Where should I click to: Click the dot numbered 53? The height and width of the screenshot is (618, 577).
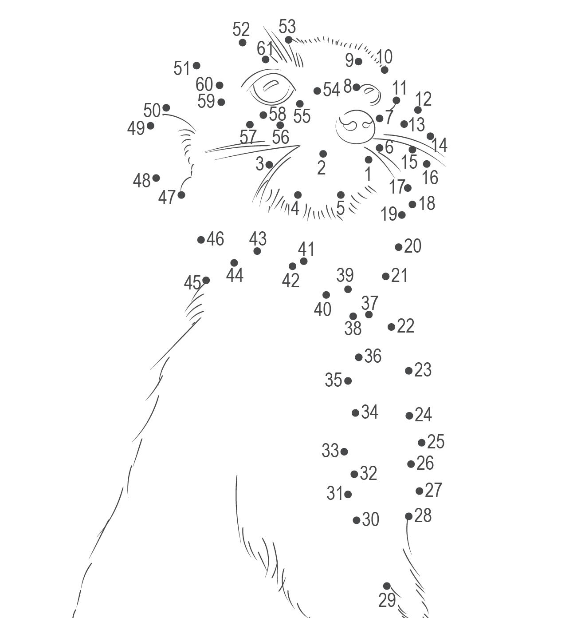pyautogui.click(x=289, y=40)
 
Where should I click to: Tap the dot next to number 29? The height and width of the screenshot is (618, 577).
pyautogui.click(x=387, y=586)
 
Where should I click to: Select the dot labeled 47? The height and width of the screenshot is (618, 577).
pyautogui.click(x=181, y=195)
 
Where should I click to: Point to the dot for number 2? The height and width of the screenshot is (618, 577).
pyautogui.click(x=323, y=154)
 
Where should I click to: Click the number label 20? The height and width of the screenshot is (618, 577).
pyautogui.click(x=412, y=246)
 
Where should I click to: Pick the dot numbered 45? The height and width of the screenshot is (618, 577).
pyautogui.click(x=206, y=280)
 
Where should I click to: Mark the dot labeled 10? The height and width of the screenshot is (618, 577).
pyautogui.click(x=385, y=70)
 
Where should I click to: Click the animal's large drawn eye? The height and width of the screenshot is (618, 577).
pyautogui.click(x=271, y=87)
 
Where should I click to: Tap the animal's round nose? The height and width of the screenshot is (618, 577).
pyautogui.click(x=355, y=127)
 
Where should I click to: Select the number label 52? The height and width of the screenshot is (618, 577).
pyautogui.click(x=241, y=30)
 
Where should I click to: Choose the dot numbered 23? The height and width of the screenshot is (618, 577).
pyautogui.click(x=409, y=371)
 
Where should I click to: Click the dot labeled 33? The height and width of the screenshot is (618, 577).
pyautogui.click(x=344, y=452)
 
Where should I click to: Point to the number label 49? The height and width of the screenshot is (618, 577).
pyautogui.click(x=136, y=128)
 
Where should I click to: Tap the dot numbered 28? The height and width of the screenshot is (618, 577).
pyautogui.click(x=409, y=516)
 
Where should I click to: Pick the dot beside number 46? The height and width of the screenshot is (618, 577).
pyautogui.click(x=201, y=240)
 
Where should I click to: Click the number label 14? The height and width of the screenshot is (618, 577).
pyautogui.click(x=439, y=145)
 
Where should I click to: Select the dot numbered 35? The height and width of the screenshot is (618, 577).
pyautogui.click(x=348, y=381)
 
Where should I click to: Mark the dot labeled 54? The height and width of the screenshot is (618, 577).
pyautogui.click(x=317, y=91)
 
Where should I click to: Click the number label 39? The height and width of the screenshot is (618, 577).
pyautogui.click(x=345, y=275)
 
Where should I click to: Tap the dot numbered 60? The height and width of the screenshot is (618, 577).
pyautogui.click(x=219, y=85)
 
